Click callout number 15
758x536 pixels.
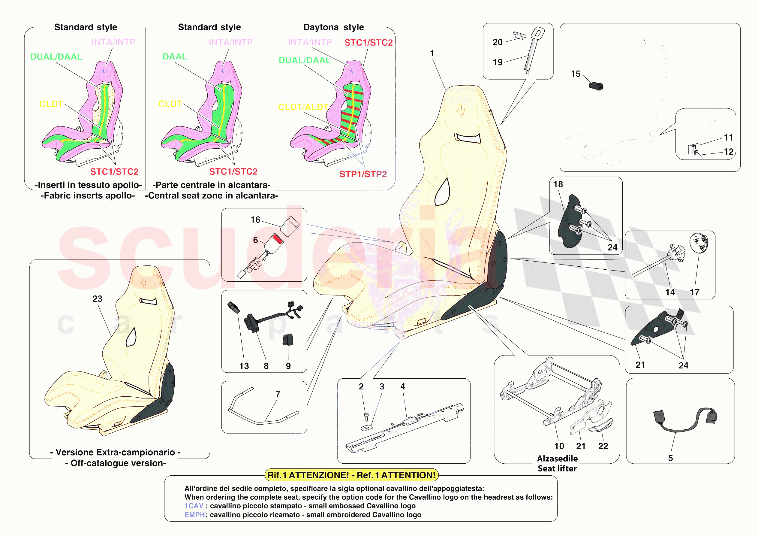point(576,74)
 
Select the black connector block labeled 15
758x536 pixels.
point(596,86)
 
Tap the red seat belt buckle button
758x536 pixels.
point(278,239)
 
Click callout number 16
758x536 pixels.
point(255,220)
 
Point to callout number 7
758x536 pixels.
point(278,394)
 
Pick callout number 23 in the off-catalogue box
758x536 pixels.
point(97,299)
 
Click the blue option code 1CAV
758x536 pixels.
point(194,506)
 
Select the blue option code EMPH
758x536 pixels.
point(194,515)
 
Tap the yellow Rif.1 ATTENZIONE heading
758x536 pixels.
point(351,475)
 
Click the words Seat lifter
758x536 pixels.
point(557,468)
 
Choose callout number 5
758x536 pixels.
point(670,458)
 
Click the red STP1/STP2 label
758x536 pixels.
point(363,174)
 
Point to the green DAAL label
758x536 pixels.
point(175,56)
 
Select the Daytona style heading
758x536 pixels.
point(333,27)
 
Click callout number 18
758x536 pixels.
point(558,184)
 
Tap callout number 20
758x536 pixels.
point(498,42)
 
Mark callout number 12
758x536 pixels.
point(729,152)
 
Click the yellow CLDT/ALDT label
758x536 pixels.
point(303,107)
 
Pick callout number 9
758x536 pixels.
point(288,366)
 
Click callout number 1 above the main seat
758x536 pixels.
point(432,53)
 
